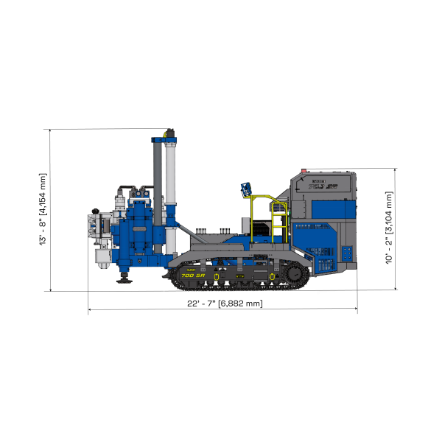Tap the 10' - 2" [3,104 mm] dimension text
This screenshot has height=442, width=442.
coord(388,228)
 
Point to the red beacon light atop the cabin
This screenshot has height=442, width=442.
coord(304,169)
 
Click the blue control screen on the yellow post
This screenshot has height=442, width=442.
coord(245,189)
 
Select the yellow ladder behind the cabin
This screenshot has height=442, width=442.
coord(278,225)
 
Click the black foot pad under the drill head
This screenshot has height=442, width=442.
coord(123,278)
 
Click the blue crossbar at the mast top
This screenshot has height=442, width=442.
coord(164,138)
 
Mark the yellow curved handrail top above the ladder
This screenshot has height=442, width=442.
coord(265,197)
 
